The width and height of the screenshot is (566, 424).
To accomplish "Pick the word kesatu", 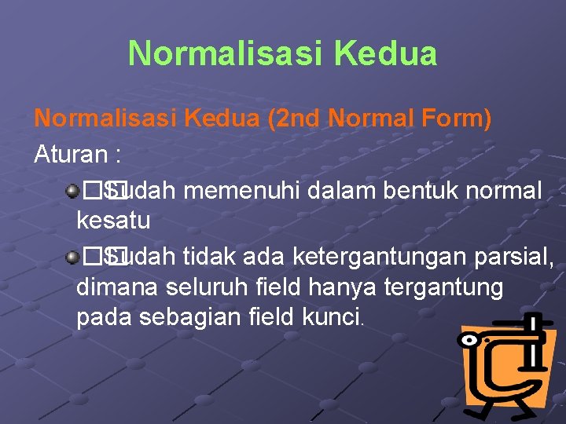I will (x=113, y=221).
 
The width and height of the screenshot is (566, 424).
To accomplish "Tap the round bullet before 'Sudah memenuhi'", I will (x=72, y=189).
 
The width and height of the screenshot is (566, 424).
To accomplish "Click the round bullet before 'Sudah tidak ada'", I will (x=72, y=255).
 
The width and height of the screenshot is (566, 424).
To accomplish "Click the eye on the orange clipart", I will (x=471, y=341).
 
